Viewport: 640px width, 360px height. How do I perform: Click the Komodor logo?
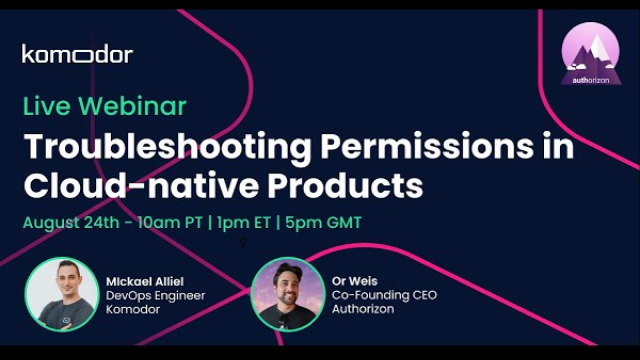click(77, 54)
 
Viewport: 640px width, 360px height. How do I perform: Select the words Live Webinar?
click(104, 106)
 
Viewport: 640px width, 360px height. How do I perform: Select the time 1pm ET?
click(243, 222)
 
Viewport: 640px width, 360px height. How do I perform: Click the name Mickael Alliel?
click(144, 281)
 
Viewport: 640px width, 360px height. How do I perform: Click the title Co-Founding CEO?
click(384, 295)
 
